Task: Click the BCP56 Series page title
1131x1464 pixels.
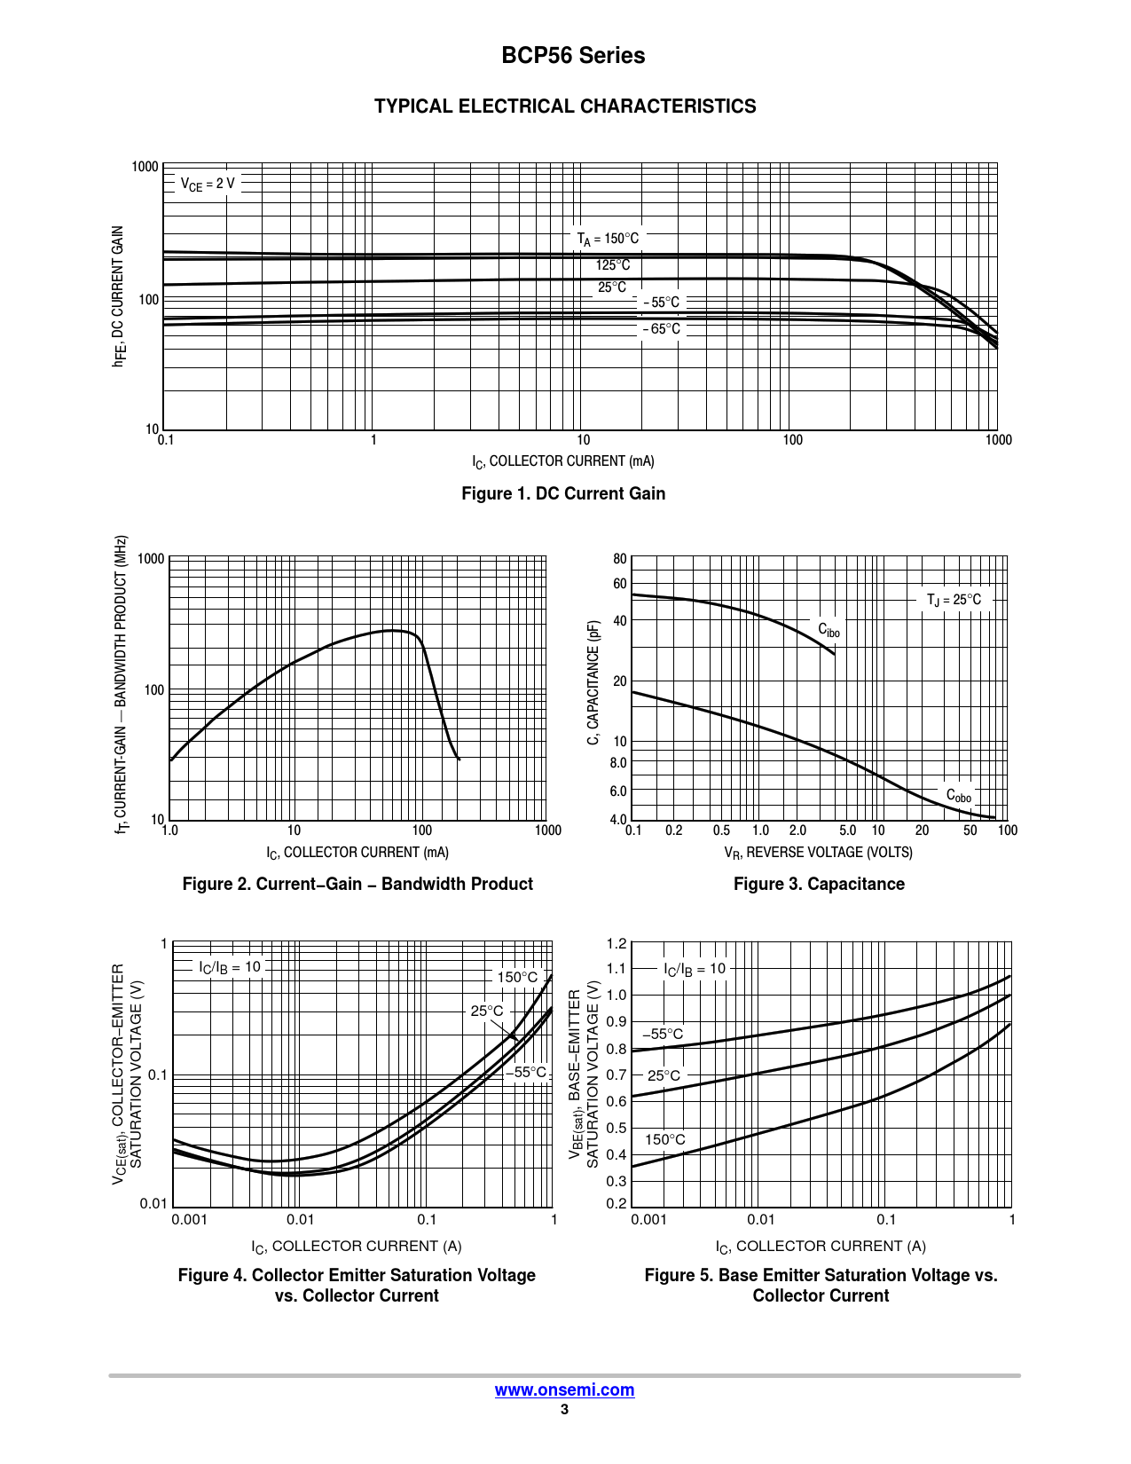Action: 573,56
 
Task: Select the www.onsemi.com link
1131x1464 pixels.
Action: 564,1390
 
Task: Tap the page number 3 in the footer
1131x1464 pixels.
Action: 564,1410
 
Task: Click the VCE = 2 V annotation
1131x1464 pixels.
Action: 208,184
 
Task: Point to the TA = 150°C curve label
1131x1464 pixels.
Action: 608,239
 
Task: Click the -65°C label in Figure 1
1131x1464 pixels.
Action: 662,329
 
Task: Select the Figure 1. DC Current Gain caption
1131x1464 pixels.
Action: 563,494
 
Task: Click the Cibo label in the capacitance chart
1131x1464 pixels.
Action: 829,630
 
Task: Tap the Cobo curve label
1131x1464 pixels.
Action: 958,796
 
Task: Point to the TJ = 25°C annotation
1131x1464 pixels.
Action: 954,600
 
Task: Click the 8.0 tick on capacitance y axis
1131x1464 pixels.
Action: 618,763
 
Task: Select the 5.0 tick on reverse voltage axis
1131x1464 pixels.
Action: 847,830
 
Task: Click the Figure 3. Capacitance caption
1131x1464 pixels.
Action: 819,885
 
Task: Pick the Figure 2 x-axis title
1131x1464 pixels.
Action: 357,853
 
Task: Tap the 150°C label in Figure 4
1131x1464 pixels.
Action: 517,977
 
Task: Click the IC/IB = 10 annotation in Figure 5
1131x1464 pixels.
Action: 695,969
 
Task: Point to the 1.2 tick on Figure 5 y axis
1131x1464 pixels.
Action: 617,943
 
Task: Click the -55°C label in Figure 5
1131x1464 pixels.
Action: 663,1035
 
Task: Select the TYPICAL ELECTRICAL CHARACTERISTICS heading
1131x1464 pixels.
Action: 565,106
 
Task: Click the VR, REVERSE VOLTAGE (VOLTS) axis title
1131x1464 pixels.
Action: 818,853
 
